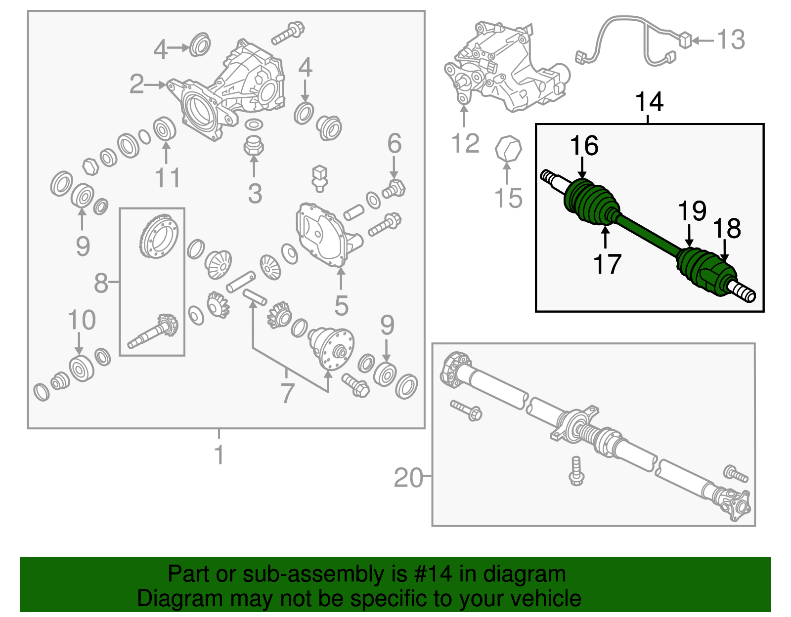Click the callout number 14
tap(649, 102)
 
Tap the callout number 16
tap(584, 146)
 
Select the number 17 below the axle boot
tap(607, 264)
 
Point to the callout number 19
tap(692, 211)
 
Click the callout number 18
tap(727, 229)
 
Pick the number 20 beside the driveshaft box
tap(408, 478)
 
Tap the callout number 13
tap(731, 40)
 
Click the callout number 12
tap(465, 144)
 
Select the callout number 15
tap(508, 198)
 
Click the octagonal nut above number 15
tap(508, 149)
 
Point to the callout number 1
tap(219, 455)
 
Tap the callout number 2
tap(136, 84)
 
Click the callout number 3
tap(255, 194)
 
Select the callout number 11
tap(168, 178)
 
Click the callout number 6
tap(394, 144)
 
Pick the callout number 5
tap(341, 306)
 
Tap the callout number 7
tap(287, 394)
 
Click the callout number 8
tap(101, 284)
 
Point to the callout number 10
tap(82, 321)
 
